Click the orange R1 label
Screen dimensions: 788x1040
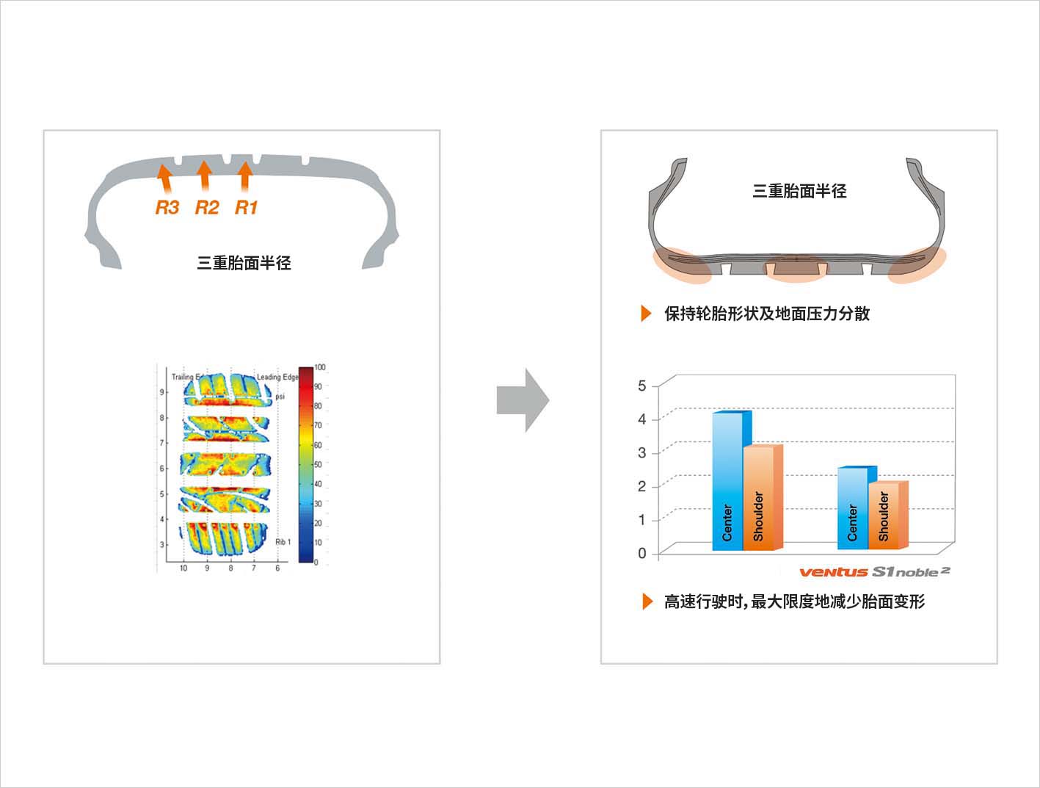click(x=246, y=208)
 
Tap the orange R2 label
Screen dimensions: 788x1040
click(x=206, y=208)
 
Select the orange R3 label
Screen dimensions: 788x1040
click(x=167, y=208)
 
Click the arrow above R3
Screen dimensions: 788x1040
click(x=165, y=178)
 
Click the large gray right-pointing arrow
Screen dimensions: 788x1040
click(x=523, y=400)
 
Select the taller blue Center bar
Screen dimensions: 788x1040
click(x=727, y=481)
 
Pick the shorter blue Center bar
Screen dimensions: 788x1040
click(x=852, y=508)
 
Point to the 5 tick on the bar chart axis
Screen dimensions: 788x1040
click(x=642, y=386)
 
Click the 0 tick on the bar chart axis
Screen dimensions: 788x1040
click(x=642, y=553)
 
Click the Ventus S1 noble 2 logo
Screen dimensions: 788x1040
click(x=874, y=572)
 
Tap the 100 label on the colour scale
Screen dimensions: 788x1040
click(x=320, y=367)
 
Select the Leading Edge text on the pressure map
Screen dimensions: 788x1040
click(x=277, y=377)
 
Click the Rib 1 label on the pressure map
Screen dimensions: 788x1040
click(x=283, y=542)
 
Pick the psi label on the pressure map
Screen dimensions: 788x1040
click(x=280, y=396)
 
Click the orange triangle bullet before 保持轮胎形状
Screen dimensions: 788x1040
click(x=646, y=314)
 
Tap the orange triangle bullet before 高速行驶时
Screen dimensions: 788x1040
click(x=647, y=601)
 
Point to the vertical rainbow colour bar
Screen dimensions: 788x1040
click(x=305, y=464)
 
